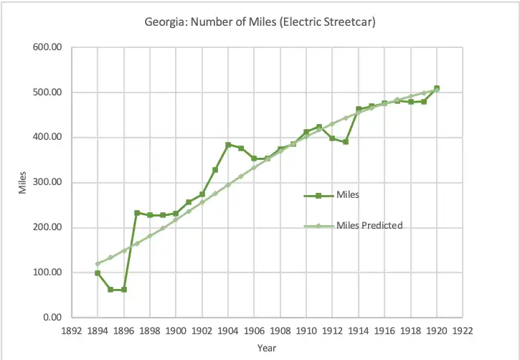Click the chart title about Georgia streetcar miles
coord(260,22)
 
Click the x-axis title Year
coord(267,348)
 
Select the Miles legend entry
coord(348,194)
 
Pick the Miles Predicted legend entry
coord(369,225)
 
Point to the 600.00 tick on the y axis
coord(48,47)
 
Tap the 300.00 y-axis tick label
coord(48,182)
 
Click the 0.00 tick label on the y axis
coord(52,317)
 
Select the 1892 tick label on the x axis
coord(71,331)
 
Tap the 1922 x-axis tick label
coord(463,331)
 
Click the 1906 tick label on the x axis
coord(254,331)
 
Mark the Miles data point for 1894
coord(98,273)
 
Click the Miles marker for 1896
coord(123,290)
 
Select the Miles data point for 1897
coord(137,213)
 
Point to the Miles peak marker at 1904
coord(228,145)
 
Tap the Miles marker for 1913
coord(346,142)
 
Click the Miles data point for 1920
coord(437,88)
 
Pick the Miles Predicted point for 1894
coord(98,264)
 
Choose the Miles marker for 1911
coord(319,127)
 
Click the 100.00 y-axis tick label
coord(48,273)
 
